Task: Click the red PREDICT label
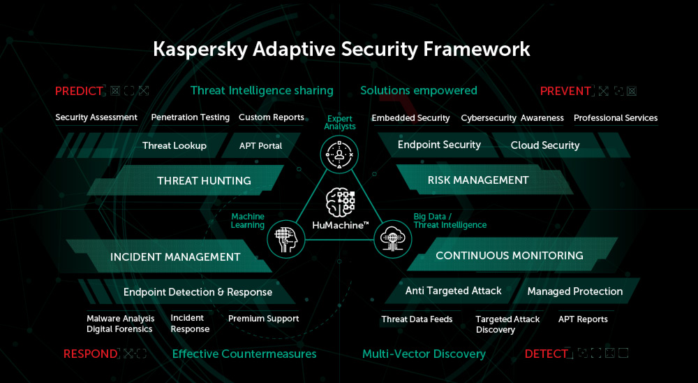click(x=80, y=91)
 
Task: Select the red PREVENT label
click(x=566, y=91)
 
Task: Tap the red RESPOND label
click(x=90, y=354)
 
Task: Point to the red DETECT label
click(x=546, y=354)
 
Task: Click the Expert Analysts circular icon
click(x=339, y=152)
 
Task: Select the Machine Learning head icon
click(x=285, y=240)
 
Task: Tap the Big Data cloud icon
click(x=393, y=240)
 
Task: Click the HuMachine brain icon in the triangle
click(x=340, y=203)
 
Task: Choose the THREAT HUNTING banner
click(x=204, y=180)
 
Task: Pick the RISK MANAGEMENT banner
click(x=478, y=180)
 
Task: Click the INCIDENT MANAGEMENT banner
click(x=175, y=256)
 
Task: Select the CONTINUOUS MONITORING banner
click(x=510, y=255)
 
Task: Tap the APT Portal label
click(x=261, y=145)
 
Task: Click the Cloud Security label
click(x=545, y=145)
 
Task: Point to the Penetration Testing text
click(x=191, y=117)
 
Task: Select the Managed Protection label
click(x=575, y=291)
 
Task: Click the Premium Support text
click(x=264, y=319)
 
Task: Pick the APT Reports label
click(x=583, y=319)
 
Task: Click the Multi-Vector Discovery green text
click(x=424, y=354)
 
